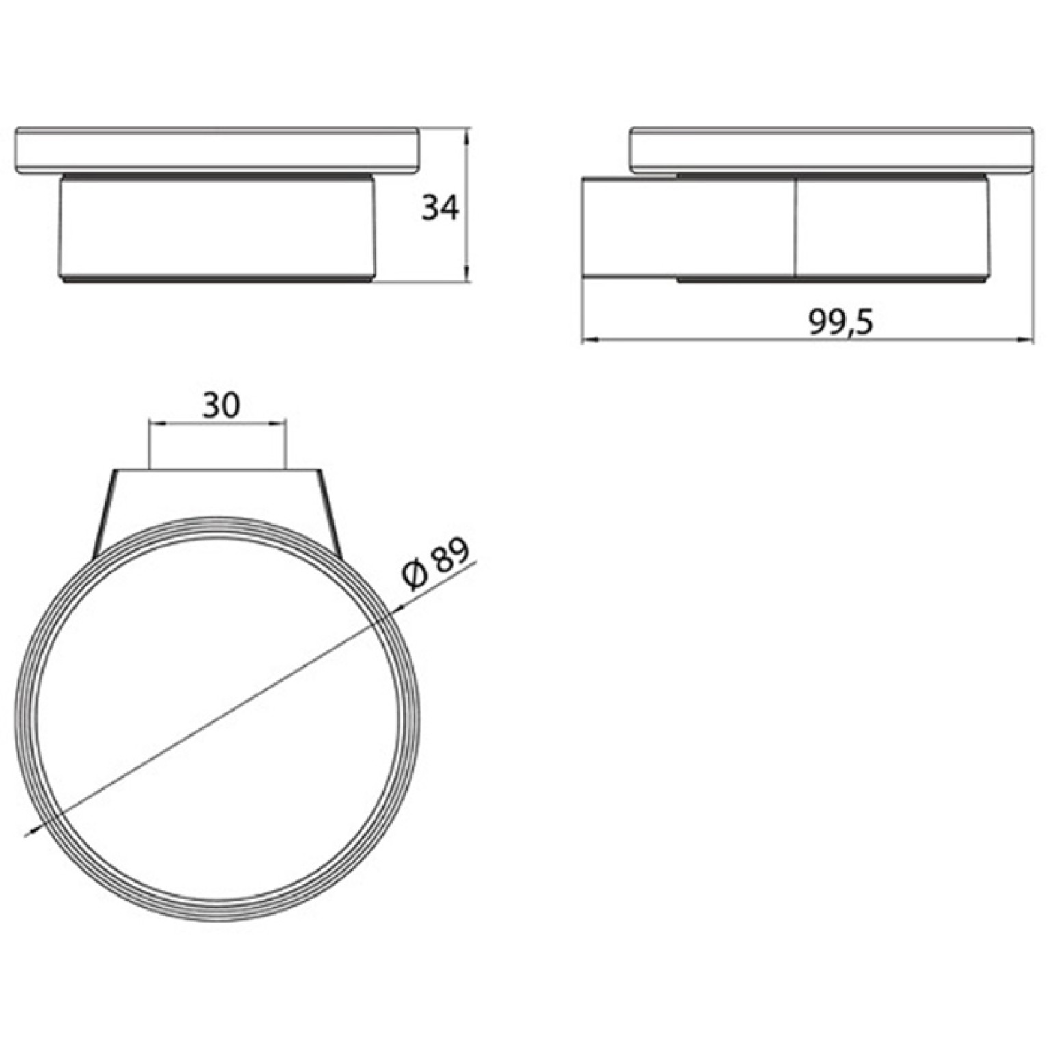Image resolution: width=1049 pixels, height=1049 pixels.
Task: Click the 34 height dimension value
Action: pyautogui.click(x=440, y=208)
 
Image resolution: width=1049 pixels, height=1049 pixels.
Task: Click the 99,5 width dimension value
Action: pyautogui.click(x=841, y=321)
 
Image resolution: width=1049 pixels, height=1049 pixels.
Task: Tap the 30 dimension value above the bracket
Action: pyautogui.click(x=221, y=406)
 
